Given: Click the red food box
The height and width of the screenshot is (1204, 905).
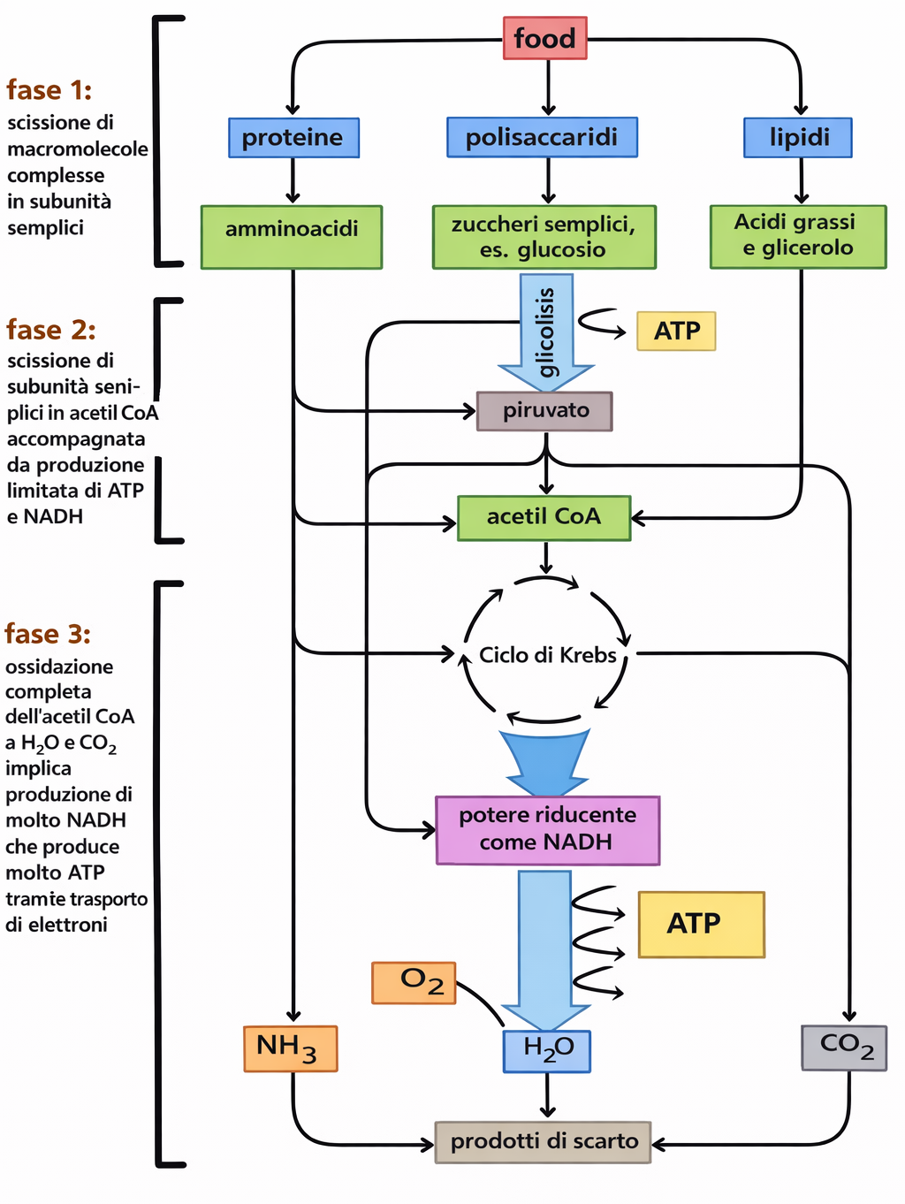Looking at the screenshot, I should [x=544, y=38].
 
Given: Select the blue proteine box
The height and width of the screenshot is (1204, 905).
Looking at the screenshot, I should [x=293, y=138].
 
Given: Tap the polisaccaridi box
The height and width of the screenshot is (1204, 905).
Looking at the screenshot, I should [x=542, y=137].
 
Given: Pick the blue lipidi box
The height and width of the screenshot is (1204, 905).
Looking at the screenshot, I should [x=798, y=137].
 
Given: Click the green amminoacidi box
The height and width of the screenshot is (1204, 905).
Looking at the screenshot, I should [x=292, y=237].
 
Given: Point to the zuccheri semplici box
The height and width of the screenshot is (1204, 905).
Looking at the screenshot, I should [x=544, y=237].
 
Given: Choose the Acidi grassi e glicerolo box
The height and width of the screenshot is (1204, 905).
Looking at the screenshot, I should [x=797, y=236].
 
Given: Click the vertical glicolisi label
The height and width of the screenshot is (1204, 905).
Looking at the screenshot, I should [x=546, y=331].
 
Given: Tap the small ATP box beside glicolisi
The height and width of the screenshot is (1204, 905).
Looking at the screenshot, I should [x=676, y=331].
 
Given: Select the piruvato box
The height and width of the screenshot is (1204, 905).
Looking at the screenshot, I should [x=544, y=411].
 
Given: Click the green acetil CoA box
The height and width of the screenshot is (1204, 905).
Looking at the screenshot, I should [x=544, y=517].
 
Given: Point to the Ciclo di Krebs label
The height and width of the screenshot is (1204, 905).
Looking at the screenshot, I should [x=547, y=655].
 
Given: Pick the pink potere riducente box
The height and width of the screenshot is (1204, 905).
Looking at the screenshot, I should [x=547, y=829].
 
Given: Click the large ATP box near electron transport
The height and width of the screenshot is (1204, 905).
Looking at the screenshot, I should [x=701, y=924].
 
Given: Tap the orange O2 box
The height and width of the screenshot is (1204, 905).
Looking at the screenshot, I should [x=414, y=982].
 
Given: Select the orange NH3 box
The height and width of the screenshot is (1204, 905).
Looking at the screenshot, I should [x=290, y=1048].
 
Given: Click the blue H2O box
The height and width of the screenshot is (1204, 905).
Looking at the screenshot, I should [x=547, y=1051].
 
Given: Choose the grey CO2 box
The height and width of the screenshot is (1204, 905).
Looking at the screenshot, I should [x=844, y=1048].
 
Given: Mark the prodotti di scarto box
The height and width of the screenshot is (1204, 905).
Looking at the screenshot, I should [x=543, y=1141].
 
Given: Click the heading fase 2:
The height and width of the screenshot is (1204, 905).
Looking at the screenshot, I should [x=50, y=330].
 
